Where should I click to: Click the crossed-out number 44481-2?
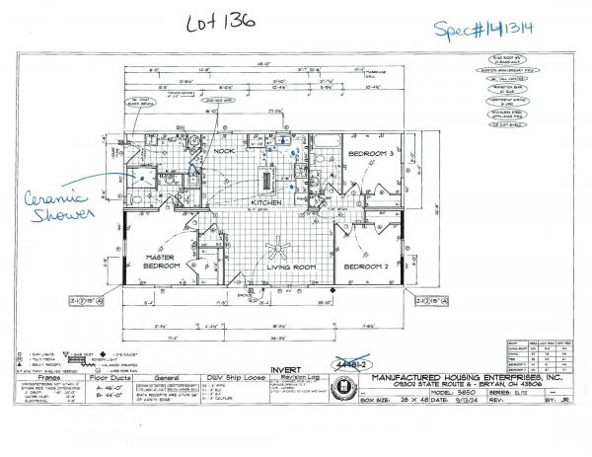(x=354, y=364)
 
